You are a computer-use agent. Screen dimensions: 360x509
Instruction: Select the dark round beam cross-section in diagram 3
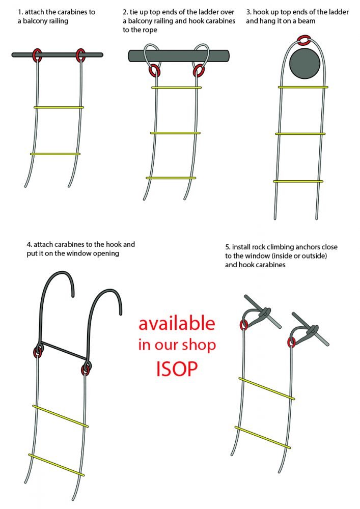pyautogui.click(x=304, y=64)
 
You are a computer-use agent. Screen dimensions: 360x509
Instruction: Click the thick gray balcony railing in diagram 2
pyautogui.click(x=179, y=55)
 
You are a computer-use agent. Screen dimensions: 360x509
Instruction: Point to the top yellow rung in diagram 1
pyautogui.click(x=59, y=107)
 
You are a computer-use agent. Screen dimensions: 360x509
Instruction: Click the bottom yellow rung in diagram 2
pyautogui.click(x=171, y=178)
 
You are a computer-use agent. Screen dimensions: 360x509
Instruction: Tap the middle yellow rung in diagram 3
pyautogui.click(x=300, y=134)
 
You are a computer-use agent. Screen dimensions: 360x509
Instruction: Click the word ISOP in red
pyautogui.click(x=177, y=369)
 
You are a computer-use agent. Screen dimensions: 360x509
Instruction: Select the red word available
pyautogui.click(x=177, y=323)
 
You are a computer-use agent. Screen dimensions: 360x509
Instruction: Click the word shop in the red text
pyautogui.click(x=199, y=346)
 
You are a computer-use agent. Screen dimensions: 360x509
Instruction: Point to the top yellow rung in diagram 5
pyautogui.click(x=267, y=388)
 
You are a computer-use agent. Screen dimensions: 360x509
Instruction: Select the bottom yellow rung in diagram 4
pyautogui.click(x=57, y=465)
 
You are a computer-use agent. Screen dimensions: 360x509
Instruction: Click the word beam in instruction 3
pyautogui.click(x=306, y=21)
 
